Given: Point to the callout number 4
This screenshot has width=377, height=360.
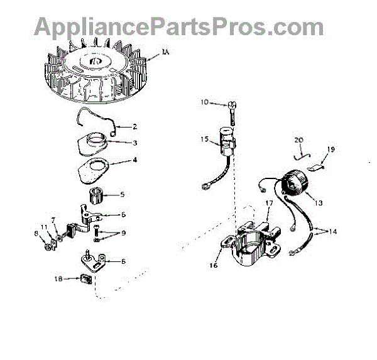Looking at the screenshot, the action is point(134,160).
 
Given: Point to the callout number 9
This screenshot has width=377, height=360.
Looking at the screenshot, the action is point(123,233).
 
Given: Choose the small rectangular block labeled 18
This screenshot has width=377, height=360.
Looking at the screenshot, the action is point(87,278).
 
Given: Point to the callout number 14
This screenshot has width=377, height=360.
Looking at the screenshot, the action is point(333,232).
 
